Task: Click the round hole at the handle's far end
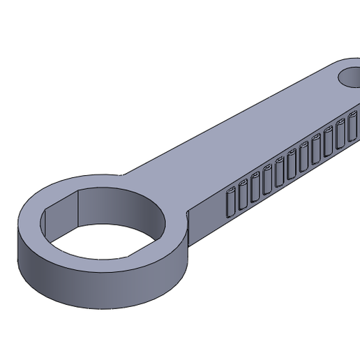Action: [x=351, y=77]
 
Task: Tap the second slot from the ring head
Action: [x=243, y=195]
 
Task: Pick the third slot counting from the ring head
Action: [x=255, y=187]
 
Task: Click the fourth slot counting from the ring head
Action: [x=268, y=179]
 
